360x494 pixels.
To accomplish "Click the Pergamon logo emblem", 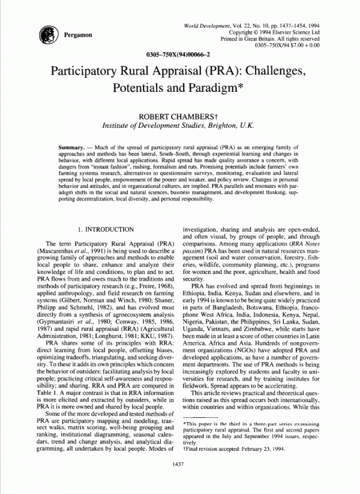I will [x=47, y=35].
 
